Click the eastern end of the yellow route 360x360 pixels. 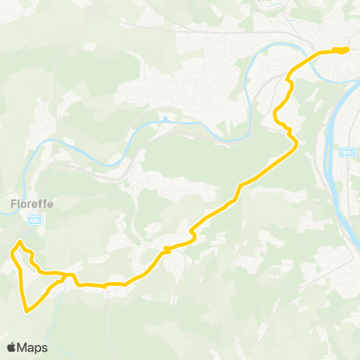coord(347,50)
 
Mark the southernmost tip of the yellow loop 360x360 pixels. coord(26,310)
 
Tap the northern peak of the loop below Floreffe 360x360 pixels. coord(20,241)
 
